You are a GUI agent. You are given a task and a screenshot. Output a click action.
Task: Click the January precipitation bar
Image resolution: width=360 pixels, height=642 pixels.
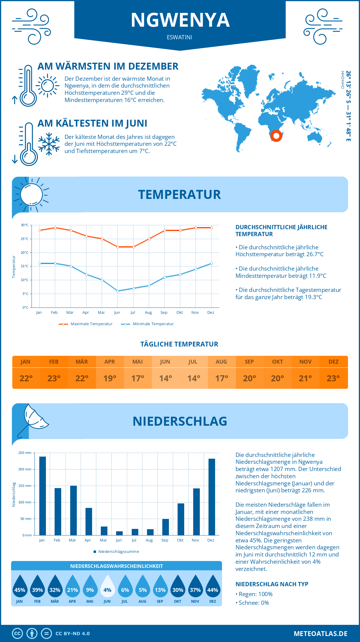[43, 496]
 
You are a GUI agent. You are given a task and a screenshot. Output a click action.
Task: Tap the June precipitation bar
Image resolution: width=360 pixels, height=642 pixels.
[119, 533]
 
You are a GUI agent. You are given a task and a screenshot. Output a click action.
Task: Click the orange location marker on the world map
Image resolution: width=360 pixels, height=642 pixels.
[276, 136]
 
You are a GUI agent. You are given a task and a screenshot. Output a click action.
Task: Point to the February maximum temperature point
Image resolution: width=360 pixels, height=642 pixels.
[55, 228]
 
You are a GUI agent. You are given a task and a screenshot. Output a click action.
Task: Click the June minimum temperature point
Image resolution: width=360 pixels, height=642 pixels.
[118, 291]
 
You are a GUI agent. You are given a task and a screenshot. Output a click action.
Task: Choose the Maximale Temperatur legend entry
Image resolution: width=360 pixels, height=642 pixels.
[86, 324]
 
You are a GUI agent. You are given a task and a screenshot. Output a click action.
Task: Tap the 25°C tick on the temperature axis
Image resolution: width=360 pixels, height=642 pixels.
[25, 239]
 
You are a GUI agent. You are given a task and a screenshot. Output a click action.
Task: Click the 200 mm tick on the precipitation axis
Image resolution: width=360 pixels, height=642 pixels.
[25, 469]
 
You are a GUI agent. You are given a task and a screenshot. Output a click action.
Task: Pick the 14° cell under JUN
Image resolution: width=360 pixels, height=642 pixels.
[166, 378]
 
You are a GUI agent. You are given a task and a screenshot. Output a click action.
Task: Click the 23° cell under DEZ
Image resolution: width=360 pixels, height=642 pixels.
[333, 378]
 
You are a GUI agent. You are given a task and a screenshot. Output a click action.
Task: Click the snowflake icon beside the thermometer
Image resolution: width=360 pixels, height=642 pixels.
[49, 144]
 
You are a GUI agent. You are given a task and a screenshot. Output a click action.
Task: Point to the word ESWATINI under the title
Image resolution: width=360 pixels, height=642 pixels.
[179, 37]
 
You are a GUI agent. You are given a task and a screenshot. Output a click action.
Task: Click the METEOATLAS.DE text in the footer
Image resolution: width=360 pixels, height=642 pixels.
[320, 634]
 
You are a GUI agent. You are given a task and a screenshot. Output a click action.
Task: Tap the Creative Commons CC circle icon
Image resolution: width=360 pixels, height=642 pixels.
[17, 634]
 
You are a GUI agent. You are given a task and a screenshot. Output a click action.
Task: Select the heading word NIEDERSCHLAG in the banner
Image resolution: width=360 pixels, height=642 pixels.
[180, 421]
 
